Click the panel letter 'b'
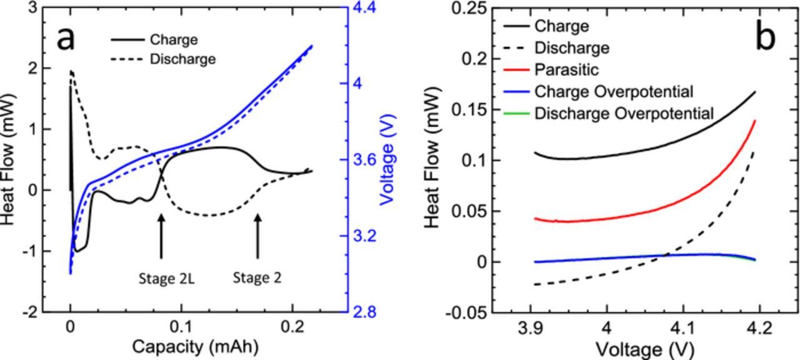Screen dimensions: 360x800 click(765, 37)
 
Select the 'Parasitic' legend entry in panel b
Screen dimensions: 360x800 click(566, 69)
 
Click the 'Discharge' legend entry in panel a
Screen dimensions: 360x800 click(182, 59)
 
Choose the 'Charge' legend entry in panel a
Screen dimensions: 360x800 click(174, 40)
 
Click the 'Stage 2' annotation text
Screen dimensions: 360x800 click(257, 277)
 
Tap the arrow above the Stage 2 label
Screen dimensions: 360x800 click(257, 236)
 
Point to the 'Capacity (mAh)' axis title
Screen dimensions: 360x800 click(195, 347)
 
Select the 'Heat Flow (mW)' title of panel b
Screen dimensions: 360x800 click(436, 161)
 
